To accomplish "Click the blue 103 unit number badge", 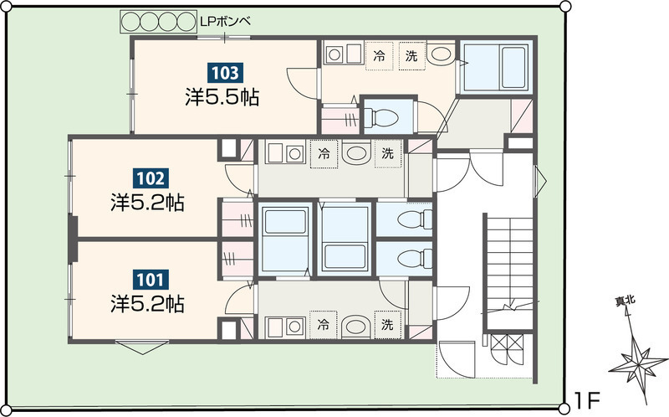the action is tap(225, 73).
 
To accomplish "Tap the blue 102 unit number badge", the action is tap(151, 178).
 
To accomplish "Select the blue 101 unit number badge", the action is tap(151, 280).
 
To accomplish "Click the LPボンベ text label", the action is tap(225, 22).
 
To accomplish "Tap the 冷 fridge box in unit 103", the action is tap(379, 55).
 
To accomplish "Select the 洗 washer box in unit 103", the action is tap(412, 55).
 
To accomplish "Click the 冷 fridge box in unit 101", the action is tap(324, 325).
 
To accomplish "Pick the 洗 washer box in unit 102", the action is tap(388, 153).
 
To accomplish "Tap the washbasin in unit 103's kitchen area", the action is tap(442, 54).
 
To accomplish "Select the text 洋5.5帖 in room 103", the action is tap(222, 97).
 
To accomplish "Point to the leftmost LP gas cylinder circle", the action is tap(131, 22).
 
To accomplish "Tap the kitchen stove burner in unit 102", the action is tap(294, 154).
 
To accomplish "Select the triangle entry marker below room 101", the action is tap(142, 347).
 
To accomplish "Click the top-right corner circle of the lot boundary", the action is tap(565, 6).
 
